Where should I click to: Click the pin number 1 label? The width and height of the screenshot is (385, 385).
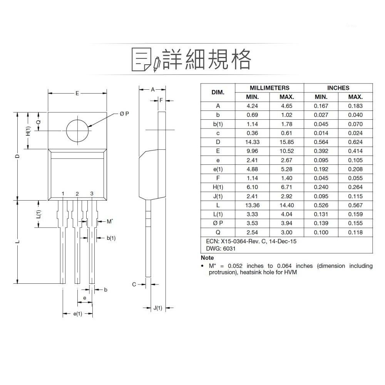[x=62, y=194]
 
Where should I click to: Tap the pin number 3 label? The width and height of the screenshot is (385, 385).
[x=92, y=194]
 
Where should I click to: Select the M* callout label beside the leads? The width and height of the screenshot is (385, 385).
[x=110, y=221]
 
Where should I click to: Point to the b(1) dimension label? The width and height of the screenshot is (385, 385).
[x=111, y=238]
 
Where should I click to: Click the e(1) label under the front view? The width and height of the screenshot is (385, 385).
[x=78, y=314]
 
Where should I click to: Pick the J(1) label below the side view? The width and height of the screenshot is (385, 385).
[x=158, y=308]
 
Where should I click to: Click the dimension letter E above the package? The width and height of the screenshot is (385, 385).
[x=77, y=93]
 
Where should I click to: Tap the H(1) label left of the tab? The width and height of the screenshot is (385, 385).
[x=28, y=131]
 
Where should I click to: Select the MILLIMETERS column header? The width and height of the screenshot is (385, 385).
[x=269, y=88]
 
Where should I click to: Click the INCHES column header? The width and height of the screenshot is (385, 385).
[x=338, y=88]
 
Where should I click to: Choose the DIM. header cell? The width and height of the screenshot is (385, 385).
[x=218, y=92]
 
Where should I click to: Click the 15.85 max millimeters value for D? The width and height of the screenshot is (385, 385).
[x=286, y=142]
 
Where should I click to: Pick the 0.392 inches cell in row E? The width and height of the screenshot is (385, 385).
[x=321, y=151]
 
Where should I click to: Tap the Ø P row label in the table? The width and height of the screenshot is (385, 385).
[x=218, y=223]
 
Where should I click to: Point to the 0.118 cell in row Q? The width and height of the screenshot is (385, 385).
[x=355, y=232]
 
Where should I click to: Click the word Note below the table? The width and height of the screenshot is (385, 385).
[x=208, y=258]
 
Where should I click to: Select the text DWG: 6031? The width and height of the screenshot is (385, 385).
[x=221, y=249]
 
